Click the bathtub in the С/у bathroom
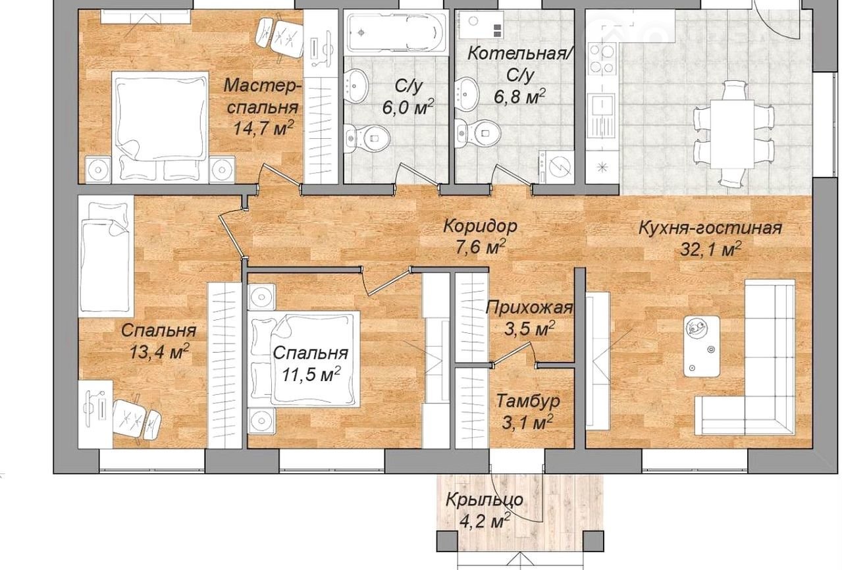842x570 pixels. pos(396,33)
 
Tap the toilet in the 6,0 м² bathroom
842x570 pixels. pos(367,138)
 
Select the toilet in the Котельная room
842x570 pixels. pos(478,133)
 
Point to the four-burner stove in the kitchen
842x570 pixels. pos(602,59)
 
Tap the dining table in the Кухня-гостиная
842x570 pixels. pos(732,134)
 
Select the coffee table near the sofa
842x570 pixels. pos(702,346)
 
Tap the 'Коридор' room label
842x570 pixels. pos(481,226)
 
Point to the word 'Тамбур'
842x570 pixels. pos(528,402)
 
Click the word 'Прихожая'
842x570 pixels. pos(529,308)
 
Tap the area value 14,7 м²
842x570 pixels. pos(263,128)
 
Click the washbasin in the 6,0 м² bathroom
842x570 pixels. pos(355,86)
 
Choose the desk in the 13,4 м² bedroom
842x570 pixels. pos(95,414)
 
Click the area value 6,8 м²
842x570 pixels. pos(519,97)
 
